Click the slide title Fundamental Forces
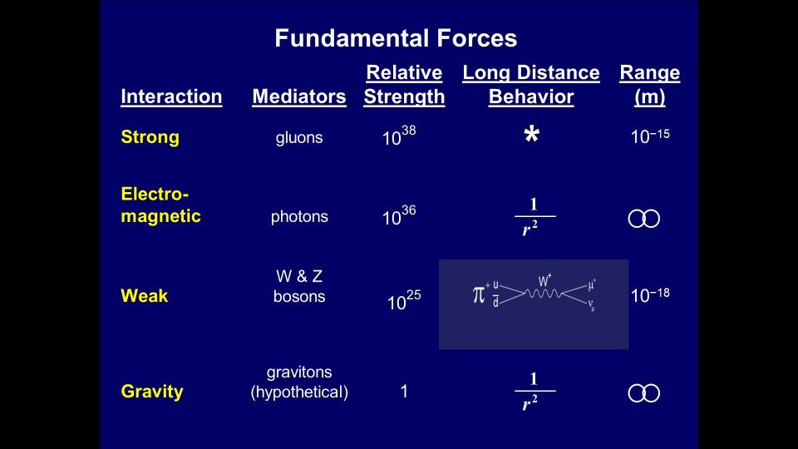pos(396,38)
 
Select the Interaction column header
pos(171,96)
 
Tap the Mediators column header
pos(299,96)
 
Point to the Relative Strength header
pos(404,85)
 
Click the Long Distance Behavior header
pos(531,85)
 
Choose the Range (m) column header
pos(650,85)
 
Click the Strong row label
pos(150,137)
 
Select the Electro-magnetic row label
pos(160,205)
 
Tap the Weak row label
pos(145,296)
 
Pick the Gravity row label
pos(152,392)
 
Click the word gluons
pos(299,138)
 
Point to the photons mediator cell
pos(299,217)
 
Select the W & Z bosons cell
pos(299,286)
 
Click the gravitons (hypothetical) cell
pos(299,382)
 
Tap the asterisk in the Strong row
pos(532,135)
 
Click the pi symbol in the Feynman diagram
pos(479,294)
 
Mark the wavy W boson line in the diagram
pos(543,294)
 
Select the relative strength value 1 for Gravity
pos(404,392)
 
